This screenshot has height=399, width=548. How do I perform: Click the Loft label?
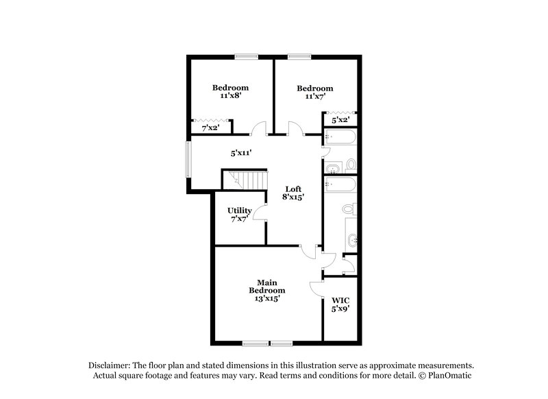click(294, 189)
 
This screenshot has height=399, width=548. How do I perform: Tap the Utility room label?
click(240, 210)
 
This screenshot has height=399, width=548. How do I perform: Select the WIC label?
click(340, 301)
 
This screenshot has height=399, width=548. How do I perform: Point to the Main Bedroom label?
click(266, 287)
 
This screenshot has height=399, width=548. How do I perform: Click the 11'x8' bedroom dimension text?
click(229, 97)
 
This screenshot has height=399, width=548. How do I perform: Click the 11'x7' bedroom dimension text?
click(314, 97)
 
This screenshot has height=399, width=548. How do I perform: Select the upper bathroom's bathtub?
click(340, 139)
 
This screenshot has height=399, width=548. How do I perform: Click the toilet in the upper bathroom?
click(350, 165)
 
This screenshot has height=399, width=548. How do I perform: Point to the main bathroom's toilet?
click(348, 208)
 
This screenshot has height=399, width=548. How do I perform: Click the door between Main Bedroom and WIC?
click(316, 289)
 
